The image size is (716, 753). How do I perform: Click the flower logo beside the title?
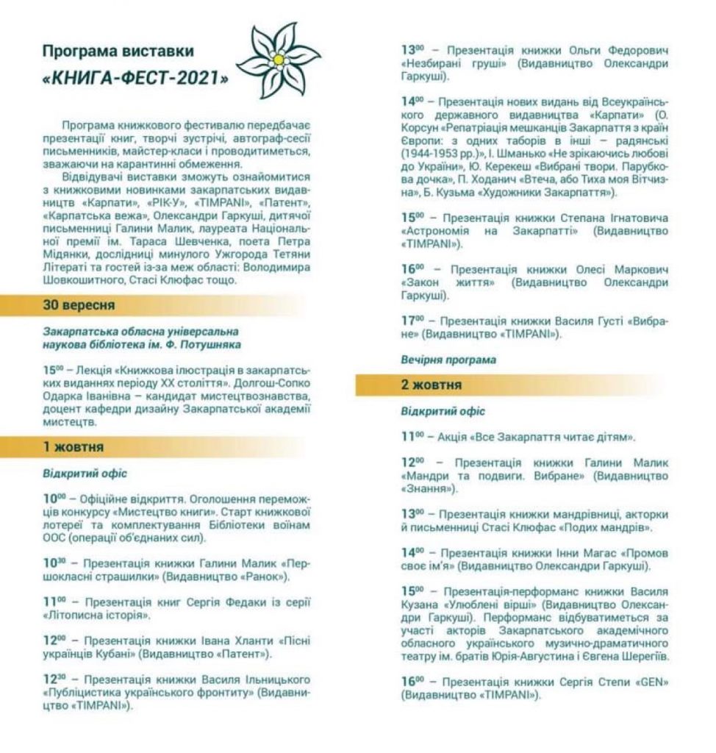277,60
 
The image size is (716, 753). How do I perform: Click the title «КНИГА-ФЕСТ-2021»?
135,78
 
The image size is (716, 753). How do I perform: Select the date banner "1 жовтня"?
74,446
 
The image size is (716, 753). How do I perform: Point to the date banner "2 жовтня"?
432,385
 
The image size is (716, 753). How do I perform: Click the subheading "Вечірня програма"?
448,360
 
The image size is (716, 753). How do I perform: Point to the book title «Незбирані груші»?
454,64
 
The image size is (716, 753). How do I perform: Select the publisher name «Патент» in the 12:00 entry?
248,652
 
